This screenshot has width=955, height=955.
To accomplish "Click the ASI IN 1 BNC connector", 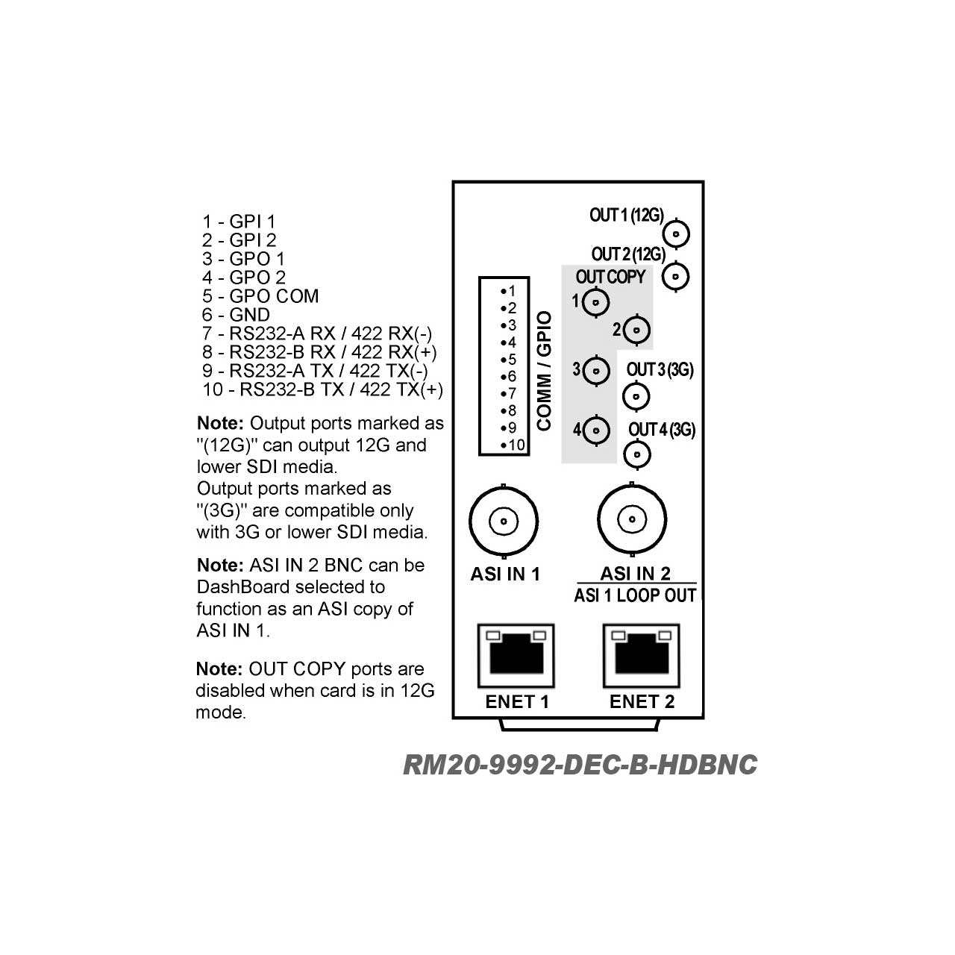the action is [x=504, y=521].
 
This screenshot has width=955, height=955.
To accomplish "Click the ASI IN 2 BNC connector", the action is [x=632, y=519].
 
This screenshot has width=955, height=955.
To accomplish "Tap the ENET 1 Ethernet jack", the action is [x=516, y=656].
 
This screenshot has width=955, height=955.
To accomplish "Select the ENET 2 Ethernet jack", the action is [x=642, y=656].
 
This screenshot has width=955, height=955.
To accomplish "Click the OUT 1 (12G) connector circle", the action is [x=676, y=234].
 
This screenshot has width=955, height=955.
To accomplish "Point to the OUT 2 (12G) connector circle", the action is [x=675, y=276].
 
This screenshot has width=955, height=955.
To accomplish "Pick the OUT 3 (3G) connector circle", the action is [x=636, y=396].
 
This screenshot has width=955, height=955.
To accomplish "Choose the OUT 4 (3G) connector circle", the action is [x=637, y=454].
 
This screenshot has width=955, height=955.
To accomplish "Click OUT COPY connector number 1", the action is [x=595, y=302].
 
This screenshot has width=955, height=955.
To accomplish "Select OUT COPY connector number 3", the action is [x=596, y=371].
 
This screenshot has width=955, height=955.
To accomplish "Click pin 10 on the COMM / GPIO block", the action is [x=513, y=445].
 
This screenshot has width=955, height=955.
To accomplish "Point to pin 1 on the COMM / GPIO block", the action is [x=508, y=291].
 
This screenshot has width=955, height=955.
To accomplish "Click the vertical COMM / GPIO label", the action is [x=544, y=372].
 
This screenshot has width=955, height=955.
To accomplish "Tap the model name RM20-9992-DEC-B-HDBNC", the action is [x=580, y=765].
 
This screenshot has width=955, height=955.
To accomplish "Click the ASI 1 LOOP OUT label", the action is [x=636, y=595].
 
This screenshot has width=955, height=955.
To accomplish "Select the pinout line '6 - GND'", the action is [x=236, y=315].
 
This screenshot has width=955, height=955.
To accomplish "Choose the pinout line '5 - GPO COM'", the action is [x=260, y=296].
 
